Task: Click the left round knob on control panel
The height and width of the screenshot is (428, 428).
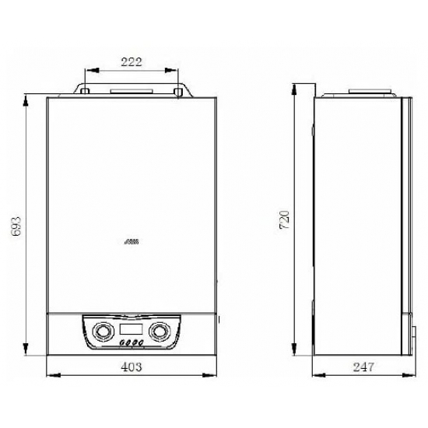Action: click(102, 332)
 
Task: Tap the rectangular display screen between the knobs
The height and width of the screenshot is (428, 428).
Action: click(130, 328)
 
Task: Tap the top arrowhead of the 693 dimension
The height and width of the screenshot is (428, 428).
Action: click(28, 98)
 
